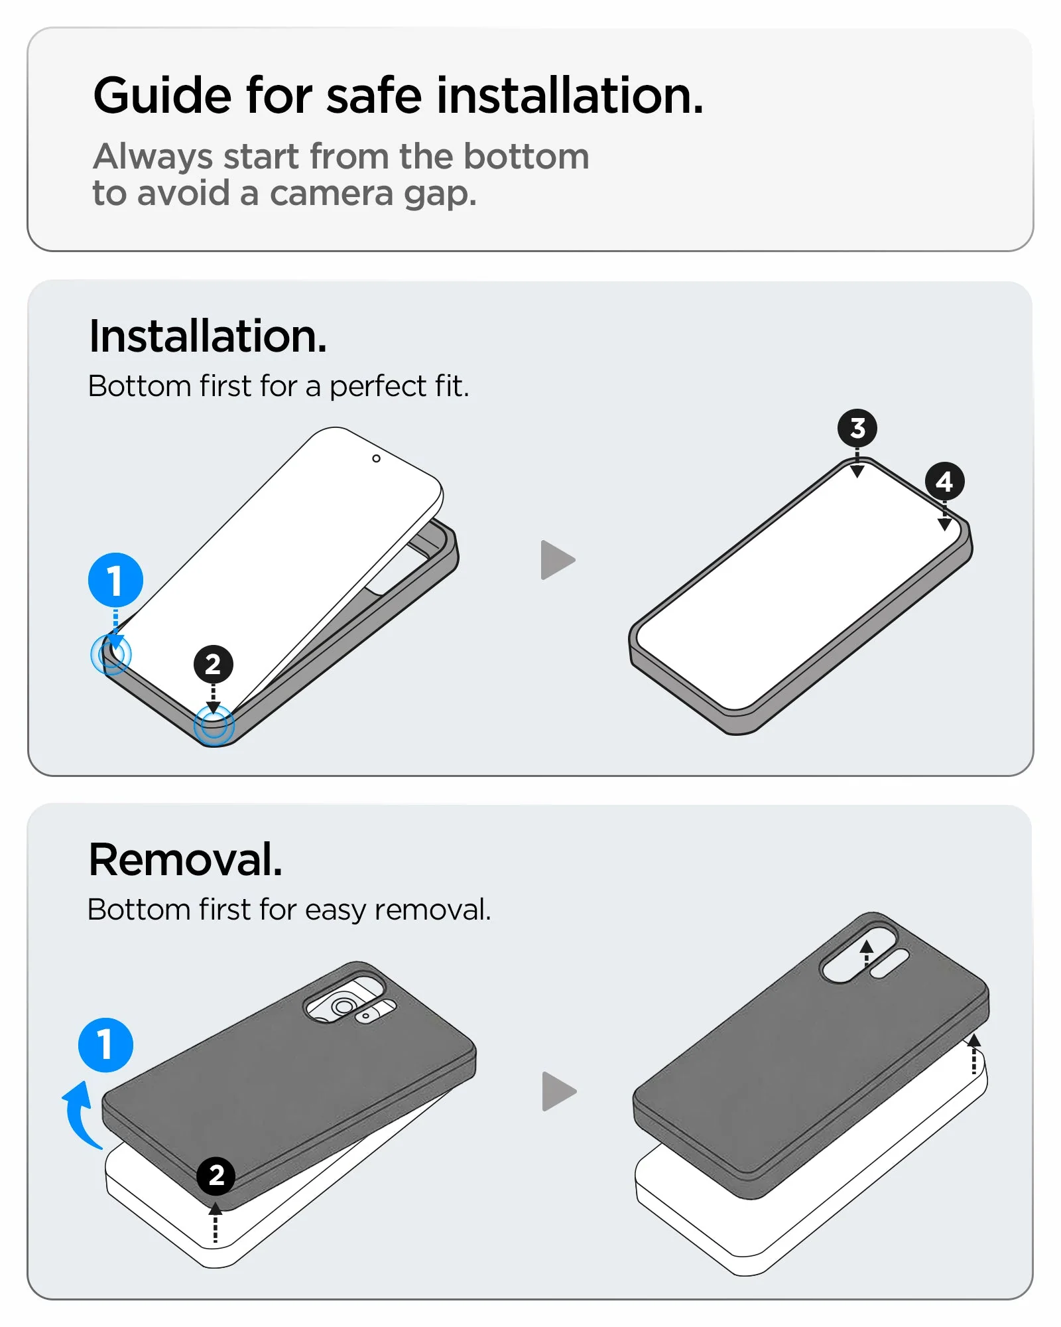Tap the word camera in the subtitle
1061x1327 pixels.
coord(332,194)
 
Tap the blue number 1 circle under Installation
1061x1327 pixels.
coord(115,580)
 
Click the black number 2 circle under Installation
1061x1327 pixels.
coord(213,664)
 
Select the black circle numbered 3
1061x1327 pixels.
coord(857,428)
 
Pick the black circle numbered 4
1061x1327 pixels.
coord(944,481)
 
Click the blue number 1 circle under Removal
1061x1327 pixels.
coord(105,1045)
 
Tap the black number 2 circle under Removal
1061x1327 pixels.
coord(216,1176)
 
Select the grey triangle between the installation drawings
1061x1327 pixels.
coord(558,560)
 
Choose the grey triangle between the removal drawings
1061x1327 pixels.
coord(559,1091)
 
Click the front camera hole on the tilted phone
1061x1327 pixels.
coord(376,458)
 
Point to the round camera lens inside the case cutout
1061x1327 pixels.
coord(343,1007)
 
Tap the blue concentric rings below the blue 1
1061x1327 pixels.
coord(111,654)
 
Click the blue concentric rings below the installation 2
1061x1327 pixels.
coord(214,725)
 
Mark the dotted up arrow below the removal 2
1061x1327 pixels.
coord(215,1223)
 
